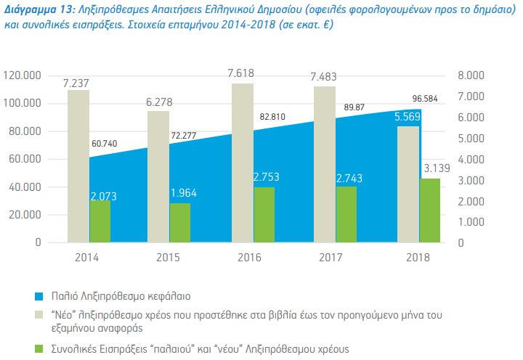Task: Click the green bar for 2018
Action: pyautogui.click(x=430, y=210)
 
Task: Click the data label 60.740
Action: pyautogui.click(x=106, y=144)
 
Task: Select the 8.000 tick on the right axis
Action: pyautogui.click(x=471, y=75)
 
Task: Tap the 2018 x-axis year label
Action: pyautogui.click(x=417, y=258)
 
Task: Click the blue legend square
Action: pyautogui.click(x=41, y=296)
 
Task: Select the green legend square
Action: pyautogui.click(x=41, y=349)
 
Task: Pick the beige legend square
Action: pyautogui.click(x=41, y=316)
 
